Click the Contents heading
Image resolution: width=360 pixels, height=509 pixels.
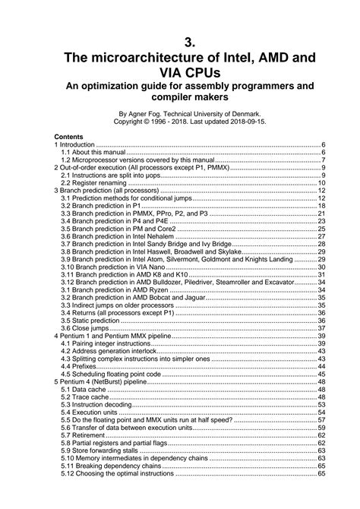click(x=47, y=137)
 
